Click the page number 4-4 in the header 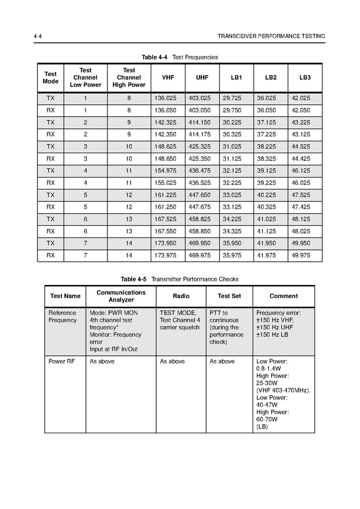[x=38, y=36]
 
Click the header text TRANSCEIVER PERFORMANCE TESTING [x=271, y=36]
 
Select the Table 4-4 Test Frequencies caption [x=179, y=57]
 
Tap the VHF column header [x=168, y=77]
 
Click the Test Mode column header [x=50, y=77]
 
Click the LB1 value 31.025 [x=232, y=146]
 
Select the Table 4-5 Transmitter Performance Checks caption [x=179, y=279]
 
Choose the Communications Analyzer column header [x=121, y=296]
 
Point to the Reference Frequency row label [x=62, y=316]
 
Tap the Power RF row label [x=61, y=361]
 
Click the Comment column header [x=283, y=296]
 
